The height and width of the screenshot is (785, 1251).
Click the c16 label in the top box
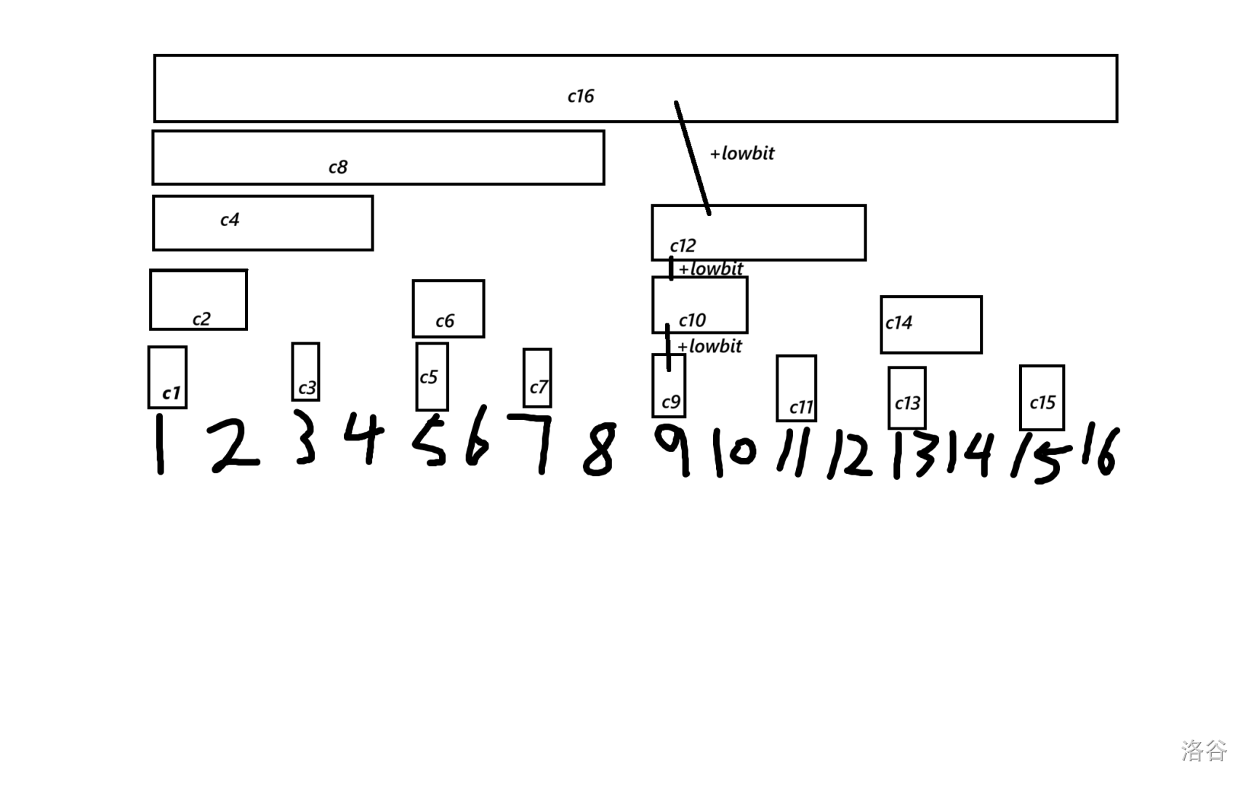pos(581,96)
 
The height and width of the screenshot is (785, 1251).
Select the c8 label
pos(338,167)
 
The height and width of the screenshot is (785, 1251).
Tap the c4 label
pos(230,220)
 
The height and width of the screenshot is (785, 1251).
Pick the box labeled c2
pos(198,299)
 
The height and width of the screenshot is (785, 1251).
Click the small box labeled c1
pos(167,377)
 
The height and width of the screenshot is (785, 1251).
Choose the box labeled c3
pos(305,371)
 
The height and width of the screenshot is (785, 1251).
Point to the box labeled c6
pos(448,308)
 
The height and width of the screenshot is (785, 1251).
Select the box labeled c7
pos(537,377)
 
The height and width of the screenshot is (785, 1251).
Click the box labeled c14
pos(930,324)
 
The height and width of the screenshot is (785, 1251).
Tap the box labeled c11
pos(796,387)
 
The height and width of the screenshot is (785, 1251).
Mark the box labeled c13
pos(906,397)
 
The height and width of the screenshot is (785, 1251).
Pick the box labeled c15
pos(1042,397)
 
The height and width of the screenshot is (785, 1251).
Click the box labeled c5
pos(432,376)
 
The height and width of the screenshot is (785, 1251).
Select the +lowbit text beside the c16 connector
pos(742,153)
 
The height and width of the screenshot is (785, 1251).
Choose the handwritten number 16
pos(1098,451)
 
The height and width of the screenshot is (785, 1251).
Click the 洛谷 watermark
pos(1204,749)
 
